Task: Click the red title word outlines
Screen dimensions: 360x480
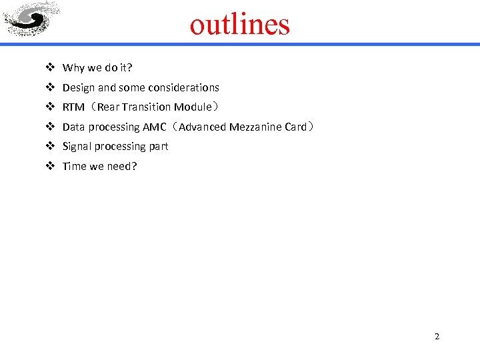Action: tap(240, 25)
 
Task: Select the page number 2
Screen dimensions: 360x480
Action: tap(437, 336)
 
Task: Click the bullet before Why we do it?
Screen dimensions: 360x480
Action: tap(50, 67)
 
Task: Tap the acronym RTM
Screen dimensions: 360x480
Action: tap(73, 107)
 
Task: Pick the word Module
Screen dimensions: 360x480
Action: tap(193, 107)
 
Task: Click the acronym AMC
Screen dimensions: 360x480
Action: tap(154, 127)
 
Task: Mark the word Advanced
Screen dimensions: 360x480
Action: tap(203, 127)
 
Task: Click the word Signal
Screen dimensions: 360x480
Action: tap(77, 146)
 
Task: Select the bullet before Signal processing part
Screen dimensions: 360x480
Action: tap(50, 146)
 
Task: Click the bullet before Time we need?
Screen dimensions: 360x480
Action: tap(50, 166)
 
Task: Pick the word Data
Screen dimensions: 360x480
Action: tap(73, 127)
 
